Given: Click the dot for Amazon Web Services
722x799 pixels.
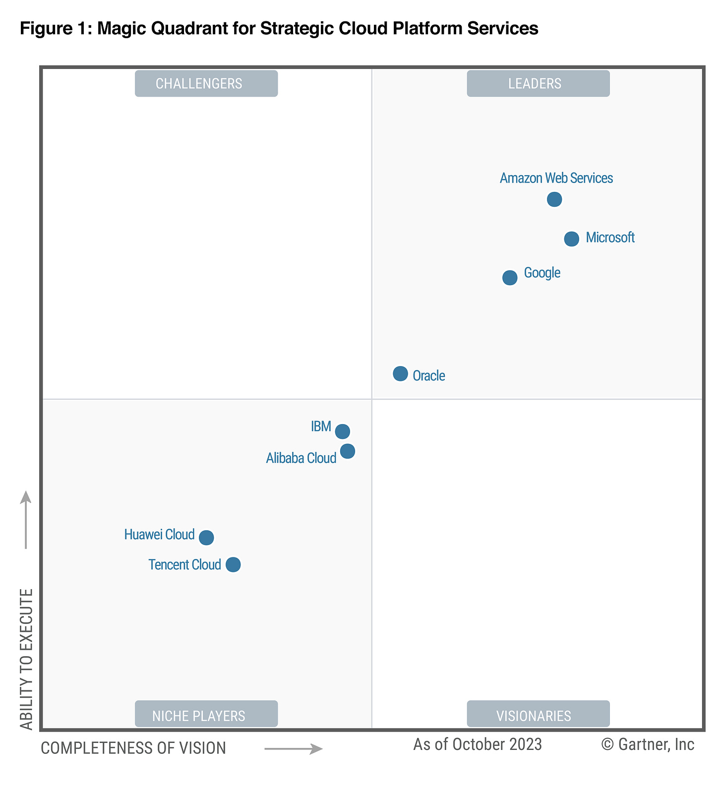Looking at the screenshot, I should click(x=554, y=199).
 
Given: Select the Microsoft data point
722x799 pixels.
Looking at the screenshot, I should click(x=571, y=239).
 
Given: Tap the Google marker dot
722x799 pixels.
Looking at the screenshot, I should click(x=510, y=278).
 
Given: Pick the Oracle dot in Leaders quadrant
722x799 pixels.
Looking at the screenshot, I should click(x=400, y=373).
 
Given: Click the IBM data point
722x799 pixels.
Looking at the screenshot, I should click(x=342, y=431).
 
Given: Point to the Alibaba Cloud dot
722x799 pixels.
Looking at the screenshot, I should click(x=348, y=451).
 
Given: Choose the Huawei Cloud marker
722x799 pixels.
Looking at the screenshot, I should click(x=206, y=537).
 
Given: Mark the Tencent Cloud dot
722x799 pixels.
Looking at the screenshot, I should click(x=233, y=564).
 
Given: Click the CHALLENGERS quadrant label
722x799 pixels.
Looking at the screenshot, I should click(x=206, y=83).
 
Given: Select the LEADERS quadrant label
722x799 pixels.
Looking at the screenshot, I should click(x=538, y=83).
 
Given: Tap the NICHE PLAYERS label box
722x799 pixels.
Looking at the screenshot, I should click(x=206, y=714).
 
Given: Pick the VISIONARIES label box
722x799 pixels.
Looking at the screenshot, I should click(x=538, y=714).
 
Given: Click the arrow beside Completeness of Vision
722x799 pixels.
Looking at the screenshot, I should click(x=294, y=749).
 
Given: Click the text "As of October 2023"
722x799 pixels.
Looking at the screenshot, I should click(x=478, y=744).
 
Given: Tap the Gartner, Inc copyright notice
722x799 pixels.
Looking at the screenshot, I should click(x=648, y=744).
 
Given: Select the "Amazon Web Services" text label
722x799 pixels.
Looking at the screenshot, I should click(x=556, y=178).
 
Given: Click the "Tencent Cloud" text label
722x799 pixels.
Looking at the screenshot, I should click(x=184, y=565).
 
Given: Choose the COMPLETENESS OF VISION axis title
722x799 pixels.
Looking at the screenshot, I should click(x=133, y=748).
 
